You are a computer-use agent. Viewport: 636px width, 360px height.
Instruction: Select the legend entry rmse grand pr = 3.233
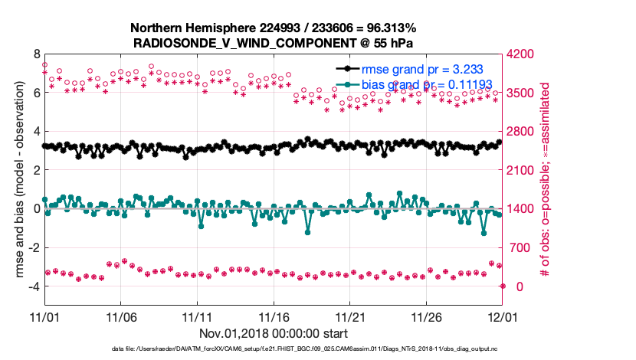(x=428, y=68)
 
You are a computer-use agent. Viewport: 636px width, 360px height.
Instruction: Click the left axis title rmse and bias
(x=13, y=181)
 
